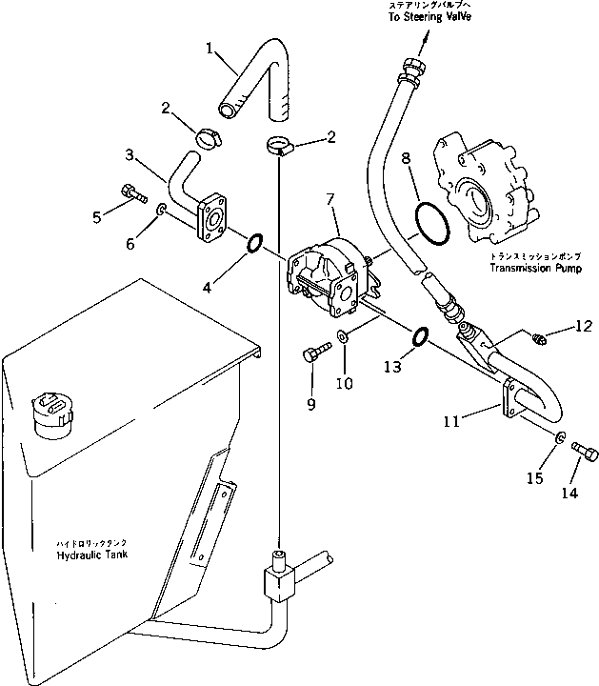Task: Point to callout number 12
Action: pos(582,328)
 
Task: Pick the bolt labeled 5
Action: pos(131,197)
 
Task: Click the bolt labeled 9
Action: pos(311,355)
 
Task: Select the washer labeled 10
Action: pos(342,337)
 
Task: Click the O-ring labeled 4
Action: pos(255,245)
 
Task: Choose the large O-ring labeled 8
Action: pos(432,230)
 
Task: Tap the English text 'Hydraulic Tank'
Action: pos(93,555)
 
